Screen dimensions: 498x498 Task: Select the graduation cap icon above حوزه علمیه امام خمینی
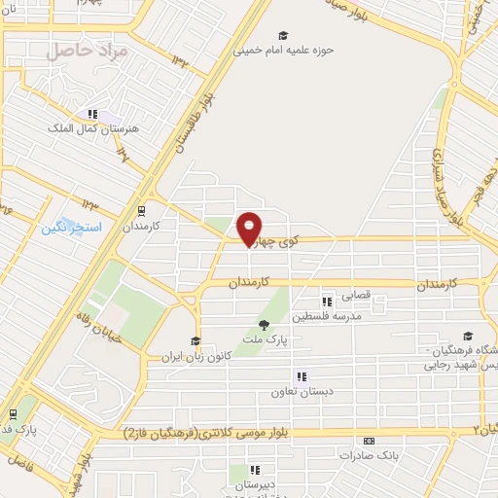[x=282, y=34]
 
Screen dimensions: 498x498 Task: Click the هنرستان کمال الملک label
[x=101, y=127]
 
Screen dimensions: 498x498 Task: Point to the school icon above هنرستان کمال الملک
[x=94, y=114]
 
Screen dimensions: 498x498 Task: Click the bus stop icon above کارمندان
[x=142, y=209]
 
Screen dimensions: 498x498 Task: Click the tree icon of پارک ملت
[x=263, y=325]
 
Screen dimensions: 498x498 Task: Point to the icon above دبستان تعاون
[x=302, y=376]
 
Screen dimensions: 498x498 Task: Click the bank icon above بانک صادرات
[x=367, y=441]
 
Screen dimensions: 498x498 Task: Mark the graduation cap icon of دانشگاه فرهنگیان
[x=468, y=337]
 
